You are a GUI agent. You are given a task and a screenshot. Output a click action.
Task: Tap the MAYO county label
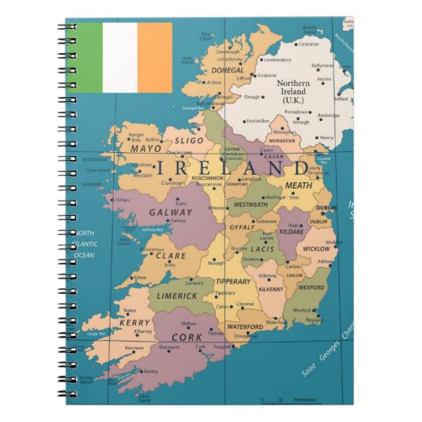click(x=146, y=149)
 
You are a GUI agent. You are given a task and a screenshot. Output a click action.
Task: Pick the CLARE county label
click(x=170, y=256)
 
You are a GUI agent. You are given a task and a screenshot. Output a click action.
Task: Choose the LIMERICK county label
click(x=177, y=295)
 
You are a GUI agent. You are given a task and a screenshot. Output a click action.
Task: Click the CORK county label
click(x=187, y=338)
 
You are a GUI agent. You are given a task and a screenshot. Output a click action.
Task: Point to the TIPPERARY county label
click(x=233, y=280)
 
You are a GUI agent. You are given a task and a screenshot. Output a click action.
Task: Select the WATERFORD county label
click(x=245, y=326)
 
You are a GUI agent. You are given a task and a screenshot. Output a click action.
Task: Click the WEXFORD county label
click(x=311, y=287)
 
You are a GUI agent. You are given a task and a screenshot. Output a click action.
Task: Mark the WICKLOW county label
click(x=317, y=249)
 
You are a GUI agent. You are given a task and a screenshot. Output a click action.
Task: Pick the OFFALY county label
click(x=242, y=227)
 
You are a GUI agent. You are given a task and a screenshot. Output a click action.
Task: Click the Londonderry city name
click(x=276, y=60)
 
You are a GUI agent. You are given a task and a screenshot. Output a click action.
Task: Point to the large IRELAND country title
click(x=232, y=169)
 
